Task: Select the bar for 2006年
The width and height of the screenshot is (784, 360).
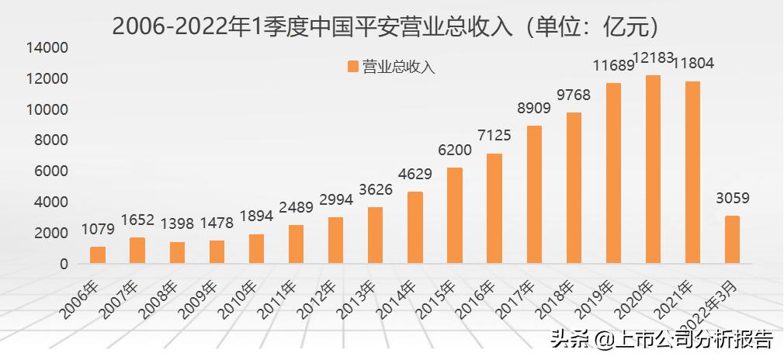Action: (x=98, y=255)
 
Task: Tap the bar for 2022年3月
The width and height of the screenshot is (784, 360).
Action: (x=732, y=240)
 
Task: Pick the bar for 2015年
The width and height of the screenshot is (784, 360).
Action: (x=455, y=216)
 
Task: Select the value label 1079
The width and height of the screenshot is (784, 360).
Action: (x=97, y=230)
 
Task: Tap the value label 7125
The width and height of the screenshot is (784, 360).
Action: (x=494, y=137)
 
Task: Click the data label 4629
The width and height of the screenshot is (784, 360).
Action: (x=415, y=175)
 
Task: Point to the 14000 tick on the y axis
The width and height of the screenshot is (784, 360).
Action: (x=48, y=48)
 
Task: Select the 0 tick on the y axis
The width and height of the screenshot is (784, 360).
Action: (x=63, y=264)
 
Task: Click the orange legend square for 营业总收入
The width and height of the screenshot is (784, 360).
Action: (x=353, y=67)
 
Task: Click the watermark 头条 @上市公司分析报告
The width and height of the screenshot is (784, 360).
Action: (x=661, y=340)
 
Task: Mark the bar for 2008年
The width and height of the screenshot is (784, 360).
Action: (x=177, y=253)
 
